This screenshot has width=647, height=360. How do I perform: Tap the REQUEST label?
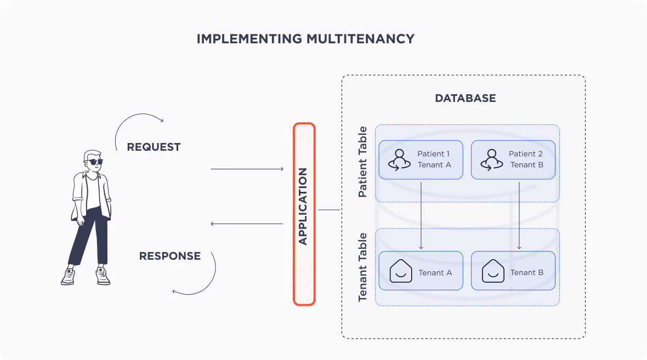click(x=154, y=147)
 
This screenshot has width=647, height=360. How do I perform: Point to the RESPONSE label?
click(x=169, y=256)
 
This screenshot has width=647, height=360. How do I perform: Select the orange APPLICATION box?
click(x=304, y=214)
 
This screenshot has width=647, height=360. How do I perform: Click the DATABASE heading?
click(x=465, y=99)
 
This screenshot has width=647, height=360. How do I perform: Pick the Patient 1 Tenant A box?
click(x=421, y=159)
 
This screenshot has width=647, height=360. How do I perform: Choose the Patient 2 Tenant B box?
click(x=513, y=159)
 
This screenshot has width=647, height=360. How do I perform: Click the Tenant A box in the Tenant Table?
click(x=421, y=271)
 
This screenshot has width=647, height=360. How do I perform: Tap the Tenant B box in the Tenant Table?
click(x=513, y=271)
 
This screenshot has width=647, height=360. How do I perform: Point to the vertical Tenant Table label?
click(x=362, y=267)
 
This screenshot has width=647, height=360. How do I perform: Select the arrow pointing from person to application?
click(x=247, y=169)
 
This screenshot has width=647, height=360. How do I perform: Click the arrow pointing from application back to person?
click(x=247, y=224)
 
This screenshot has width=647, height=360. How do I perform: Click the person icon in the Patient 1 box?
click(x=399, y=159)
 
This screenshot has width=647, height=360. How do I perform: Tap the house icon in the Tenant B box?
click(x=493, y=271)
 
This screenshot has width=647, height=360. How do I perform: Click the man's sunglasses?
click(x=94, y=162)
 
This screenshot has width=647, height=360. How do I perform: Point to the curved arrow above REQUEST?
click(x=137, y=123)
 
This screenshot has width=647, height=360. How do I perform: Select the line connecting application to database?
click(x=329, y=210)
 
